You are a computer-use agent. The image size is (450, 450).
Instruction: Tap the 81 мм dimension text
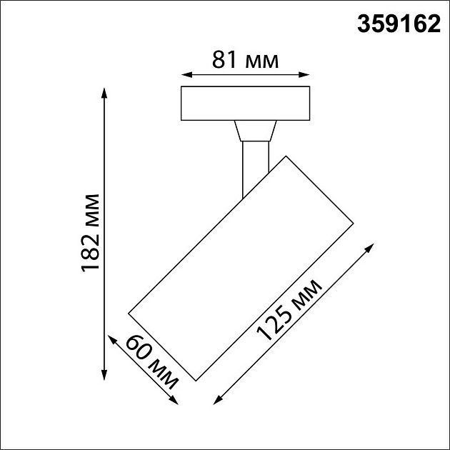pos(244,60)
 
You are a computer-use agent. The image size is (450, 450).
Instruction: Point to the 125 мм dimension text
pos(290,312)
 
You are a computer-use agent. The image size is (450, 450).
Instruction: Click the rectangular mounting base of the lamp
pos(245,104)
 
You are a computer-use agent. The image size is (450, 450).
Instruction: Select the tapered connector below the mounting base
pos(254,131)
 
